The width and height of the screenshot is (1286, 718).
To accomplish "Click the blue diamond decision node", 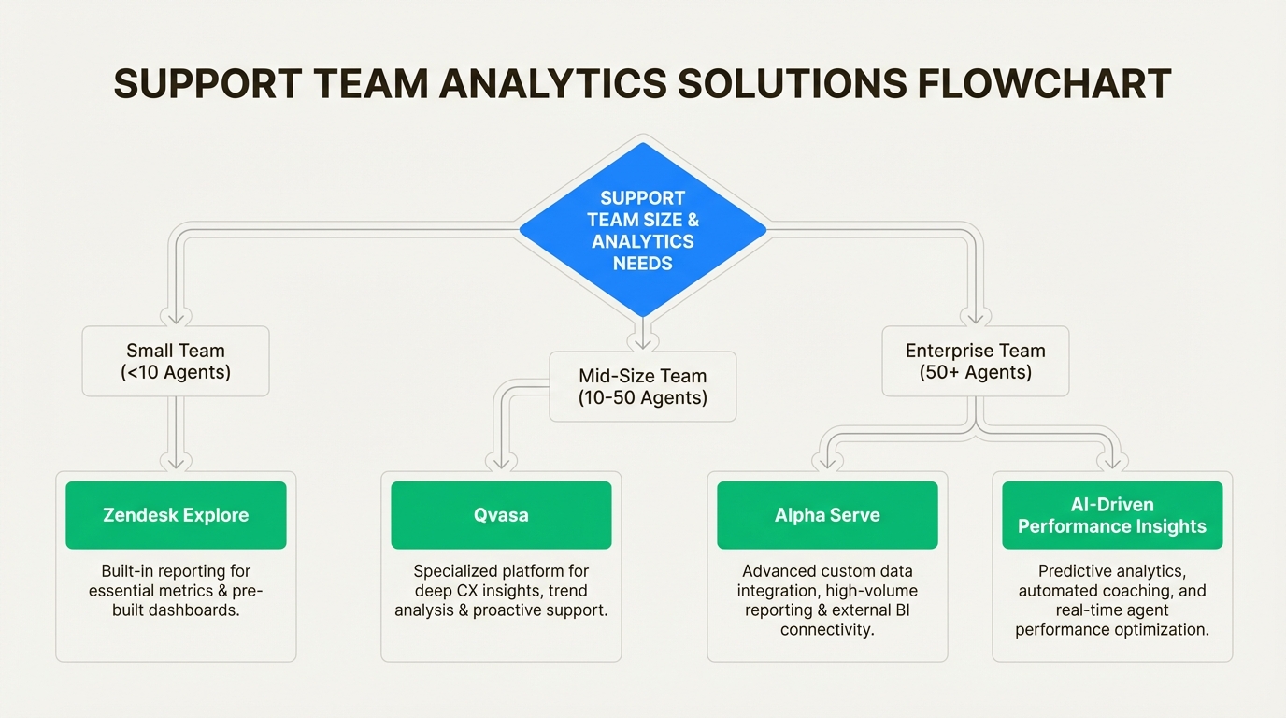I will point(642,230).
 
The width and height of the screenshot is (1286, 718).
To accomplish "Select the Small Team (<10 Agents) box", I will point(176,361).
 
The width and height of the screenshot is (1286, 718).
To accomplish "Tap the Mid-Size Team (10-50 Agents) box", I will point(642,386).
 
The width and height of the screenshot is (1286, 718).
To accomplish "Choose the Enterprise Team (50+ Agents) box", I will point(975,361).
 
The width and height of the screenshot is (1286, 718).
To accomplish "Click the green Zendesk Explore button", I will point(176,515).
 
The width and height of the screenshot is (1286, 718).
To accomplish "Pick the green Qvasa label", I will point(501,515).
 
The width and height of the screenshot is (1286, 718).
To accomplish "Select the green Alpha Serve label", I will point(827,515).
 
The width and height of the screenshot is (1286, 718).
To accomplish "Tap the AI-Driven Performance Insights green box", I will point(1112,515).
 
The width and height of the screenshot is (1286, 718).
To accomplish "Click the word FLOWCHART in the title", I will point(1044,84).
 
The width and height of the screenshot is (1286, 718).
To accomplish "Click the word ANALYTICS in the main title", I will point(553,84).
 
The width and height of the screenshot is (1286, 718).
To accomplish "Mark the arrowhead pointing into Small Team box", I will point(176,316).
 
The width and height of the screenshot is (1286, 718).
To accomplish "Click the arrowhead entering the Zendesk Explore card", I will point(176,461).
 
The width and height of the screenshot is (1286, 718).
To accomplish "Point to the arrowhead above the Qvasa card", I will point(501,461).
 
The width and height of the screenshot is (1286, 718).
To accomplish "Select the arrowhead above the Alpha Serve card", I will point(827,461).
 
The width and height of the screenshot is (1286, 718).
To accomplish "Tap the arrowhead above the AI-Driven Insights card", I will point(1112,461).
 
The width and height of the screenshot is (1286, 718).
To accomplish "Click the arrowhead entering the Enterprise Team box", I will point(975,316).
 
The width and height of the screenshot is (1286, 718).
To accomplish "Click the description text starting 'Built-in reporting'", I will point(176,591).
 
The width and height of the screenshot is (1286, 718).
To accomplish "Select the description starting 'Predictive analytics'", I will point(1112,599).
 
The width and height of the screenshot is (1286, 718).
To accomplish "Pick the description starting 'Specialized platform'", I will point(501,591).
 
